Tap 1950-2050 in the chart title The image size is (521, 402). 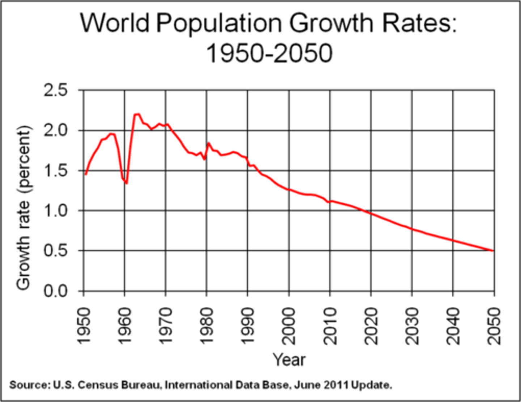(x=269, y=53)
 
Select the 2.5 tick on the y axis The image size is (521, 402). (x=55, y=90)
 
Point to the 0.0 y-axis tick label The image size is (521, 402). (x=55, y=291)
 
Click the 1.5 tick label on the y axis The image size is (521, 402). (x=55, y=170)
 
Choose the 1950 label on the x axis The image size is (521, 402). (x=84, y=326)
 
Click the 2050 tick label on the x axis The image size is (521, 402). (x=494, y=326)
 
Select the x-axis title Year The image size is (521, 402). (x=289, y=360)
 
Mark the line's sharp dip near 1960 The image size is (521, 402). (x=126, y=183)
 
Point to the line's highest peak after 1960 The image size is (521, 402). (x=137, y=114)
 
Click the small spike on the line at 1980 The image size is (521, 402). (x=208, y=143)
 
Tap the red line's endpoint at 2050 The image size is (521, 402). (x=493, y=250)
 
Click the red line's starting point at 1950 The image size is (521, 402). (x=86, y=174)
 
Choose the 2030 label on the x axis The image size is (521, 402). (x=412, y=326)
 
